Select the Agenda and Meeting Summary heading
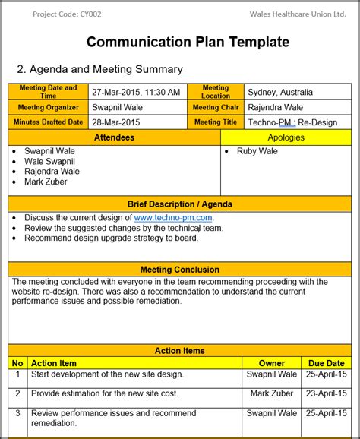(99, 69)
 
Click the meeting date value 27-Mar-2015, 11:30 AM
(136, 92)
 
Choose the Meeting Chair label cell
(216, 107)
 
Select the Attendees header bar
(114, 137)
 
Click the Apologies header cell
(286, 137)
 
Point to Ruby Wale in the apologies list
(257, 151)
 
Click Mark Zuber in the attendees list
(46, 182)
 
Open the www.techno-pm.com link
(173, 218)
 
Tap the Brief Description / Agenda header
(180, 204)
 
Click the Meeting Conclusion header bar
(180, 270)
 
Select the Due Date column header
(327, 363)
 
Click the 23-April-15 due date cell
(327, 393)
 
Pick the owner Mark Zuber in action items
(272, 393)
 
